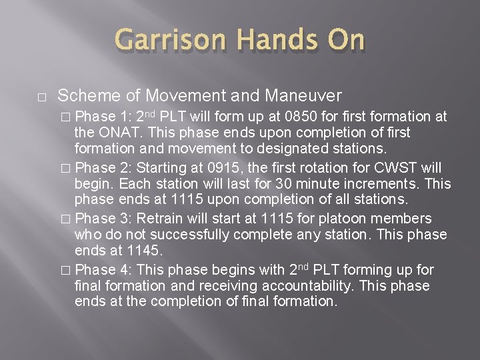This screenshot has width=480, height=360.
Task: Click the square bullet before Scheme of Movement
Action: pyautogui.click(x=41, y=95)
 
